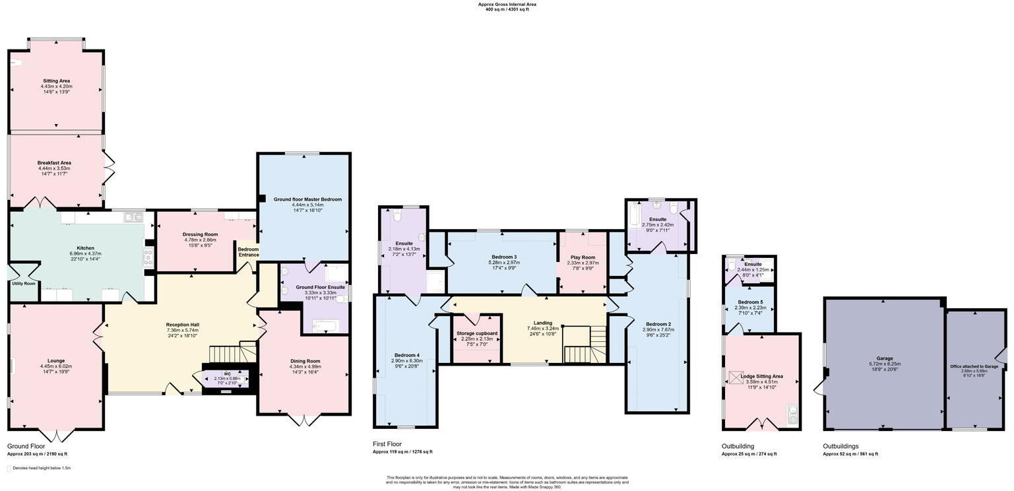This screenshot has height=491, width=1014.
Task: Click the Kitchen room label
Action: pyautogui.click(x=86, y=248)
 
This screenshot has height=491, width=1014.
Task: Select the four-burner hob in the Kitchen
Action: pyautogui.click(x=148, y=257)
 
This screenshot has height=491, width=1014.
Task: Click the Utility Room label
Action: pyautogui.click(x=23, y=283)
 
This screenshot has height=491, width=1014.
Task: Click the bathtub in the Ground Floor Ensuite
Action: pyautogui.click(x=325, y=325)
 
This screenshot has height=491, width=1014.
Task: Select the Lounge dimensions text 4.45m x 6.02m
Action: pyautogui.click(x=56, y=366)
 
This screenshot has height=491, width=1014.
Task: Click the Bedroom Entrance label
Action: pyautogui.click(x=248, y=252)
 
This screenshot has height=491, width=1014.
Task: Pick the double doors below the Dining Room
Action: pyautogui.click(x=303, y=420)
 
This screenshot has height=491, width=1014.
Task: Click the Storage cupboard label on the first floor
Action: pyautogui.click(x=477, y=333)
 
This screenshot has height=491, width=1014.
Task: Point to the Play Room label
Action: pyautogui.click(x=583, y=257)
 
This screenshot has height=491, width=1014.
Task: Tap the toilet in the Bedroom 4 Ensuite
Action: pyautogui.click(x=397, y=216)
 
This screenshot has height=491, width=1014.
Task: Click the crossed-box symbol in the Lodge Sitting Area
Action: pyautogui.click(x=736, y=377)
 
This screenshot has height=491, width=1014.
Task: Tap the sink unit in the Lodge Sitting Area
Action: pyautogui.click(x=792, y=415)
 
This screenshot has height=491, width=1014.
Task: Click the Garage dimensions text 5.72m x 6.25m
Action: pyautogui.click(x=884, y=364)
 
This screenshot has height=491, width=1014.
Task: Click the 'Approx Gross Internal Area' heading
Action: pyautogui.click(x=507, y=4)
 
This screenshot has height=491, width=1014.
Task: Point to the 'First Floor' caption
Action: pyautogui.click(x=387, y=444)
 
